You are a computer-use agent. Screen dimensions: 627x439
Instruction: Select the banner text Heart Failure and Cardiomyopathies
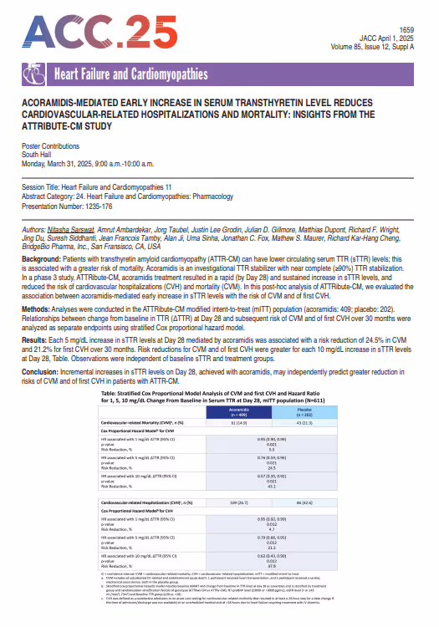[x=130, y=75]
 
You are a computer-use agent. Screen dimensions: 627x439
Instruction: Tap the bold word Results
[x=38, y=339]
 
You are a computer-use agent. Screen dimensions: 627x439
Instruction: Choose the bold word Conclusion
[x=43, y=370]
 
